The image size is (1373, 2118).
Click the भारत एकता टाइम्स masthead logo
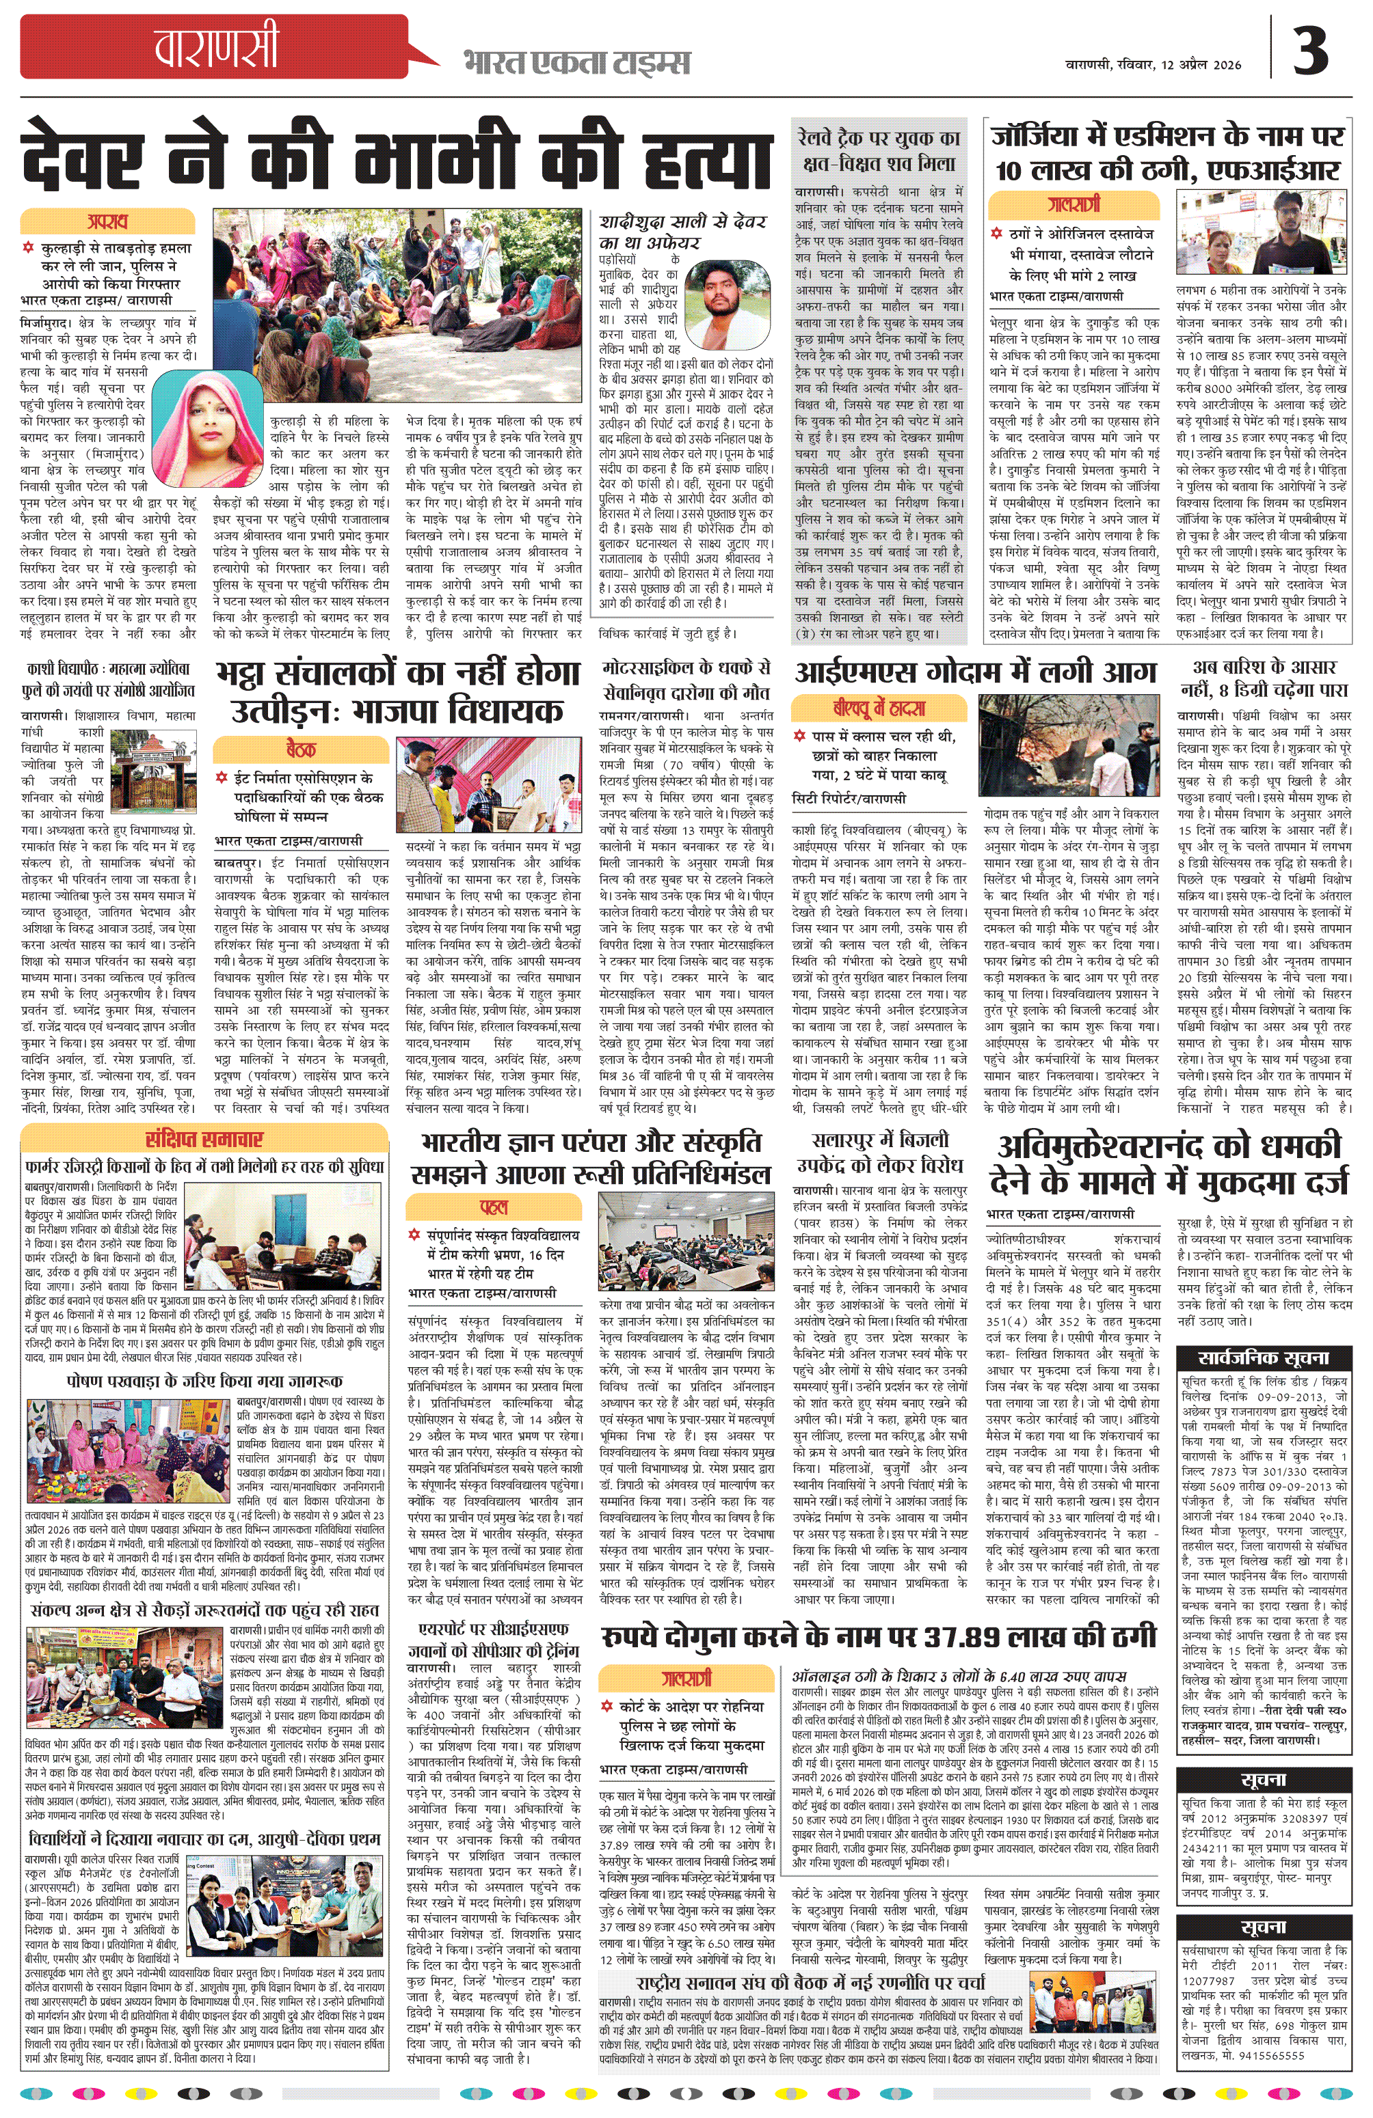[576, 63]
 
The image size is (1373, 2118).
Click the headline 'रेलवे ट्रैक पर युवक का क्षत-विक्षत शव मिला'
[878, 151]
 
